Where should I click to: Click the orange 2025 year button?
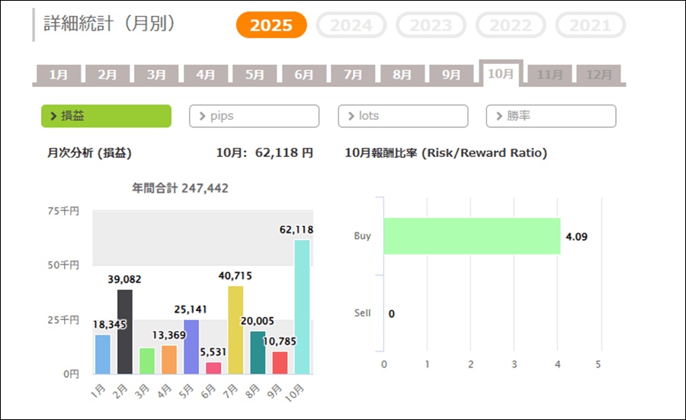coord(271,25)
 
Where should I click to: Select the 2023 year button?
coord(431,25)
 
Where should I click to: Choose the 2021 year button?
coord(590,25)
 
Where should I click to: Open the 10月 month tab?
coord(501,74)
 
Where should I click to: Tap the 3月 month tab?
coord(156,75)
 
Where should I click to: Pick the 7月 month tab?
coord(353,75)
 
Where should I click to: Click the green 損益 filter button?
coord(106,116)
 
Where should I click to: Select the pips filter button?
coord(254,116)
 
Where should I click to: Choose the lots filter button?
coord(402,116)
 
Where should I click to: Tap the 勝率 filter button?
coord(550,116)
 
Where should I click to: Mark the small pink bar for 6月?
coord(213,367)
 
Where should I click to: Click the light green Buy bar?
coord(472,236)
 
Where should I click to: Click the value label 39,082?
coord(125,280)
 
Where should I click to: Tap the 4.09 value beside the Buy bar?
coord(576,236)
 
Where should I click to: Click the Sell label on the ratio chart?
coord(363,313)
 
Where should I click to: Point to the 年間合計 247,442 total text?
coord(180,188)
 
